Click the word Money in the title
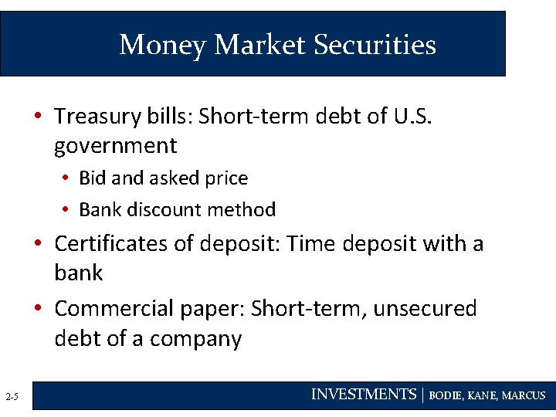162,44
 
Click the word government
116,145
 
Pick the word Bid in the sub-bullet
93,178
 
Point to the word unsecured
425,309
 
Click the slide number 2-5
12,397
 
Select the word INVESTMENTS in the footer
363,395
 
